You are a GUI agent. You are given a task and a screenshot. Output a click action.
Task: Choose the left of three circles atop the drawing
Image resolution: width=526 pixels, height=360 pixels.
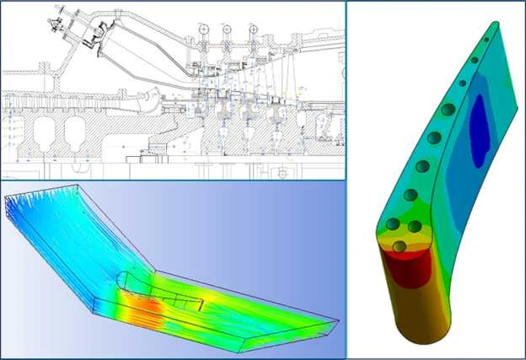point(202,30)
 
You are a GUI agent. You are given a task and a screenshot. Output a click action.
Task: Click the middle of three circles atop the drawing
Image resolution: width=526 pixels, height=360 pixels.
point(227,30)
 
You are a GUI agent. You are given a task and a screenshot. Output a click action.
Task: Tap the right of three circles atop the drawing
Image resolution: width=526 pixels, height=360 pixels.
point(252,30)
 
